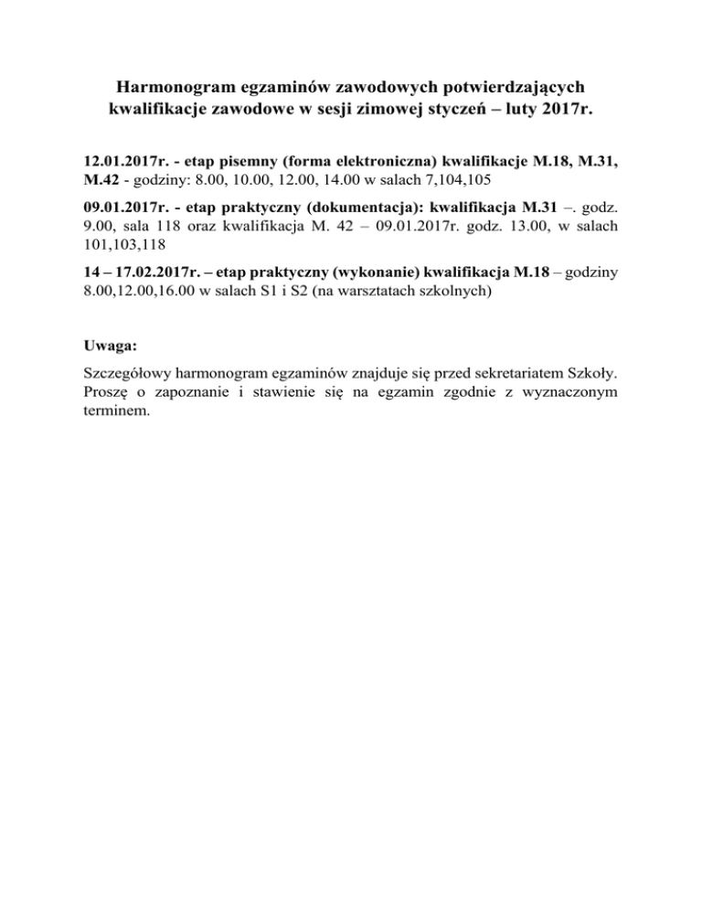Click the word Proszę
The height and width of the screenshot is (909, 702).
point(93,393)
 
